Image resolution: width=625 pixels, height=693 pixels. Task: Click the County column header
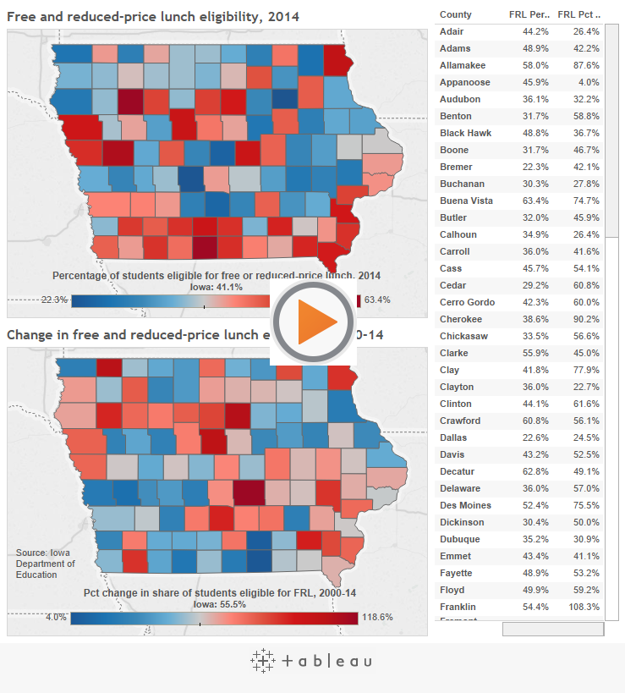pos(456,14)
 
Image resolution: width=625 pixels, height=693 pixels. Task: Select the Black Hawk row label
pos(465,133)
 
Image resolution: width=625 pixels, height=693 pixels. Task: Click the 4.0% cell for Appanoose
pos(589,82)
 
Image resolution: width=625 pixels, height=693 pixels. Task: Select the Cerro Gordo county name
pos(467,302)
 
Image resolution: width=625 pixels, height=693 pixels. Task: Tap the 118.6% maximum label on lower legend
pos(377,617)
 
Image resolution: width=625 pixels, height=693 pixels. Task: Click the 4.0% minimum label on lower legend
pos(56,617)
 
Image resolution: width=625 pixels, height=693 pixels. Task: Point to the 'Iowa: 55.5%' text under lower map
pos(219,604)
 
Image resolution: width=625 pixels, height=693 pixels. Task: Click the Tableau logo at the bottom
pos(311,661)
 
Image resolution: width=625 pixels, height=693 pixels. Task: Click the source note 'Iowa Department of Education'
pos(46,564)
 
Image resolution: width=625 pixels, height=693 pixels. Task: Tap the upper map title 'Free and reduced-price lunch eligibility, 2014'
pos(153,16)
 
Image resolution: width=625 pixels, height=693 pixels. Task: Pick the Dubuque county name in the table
pos(459,539)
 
